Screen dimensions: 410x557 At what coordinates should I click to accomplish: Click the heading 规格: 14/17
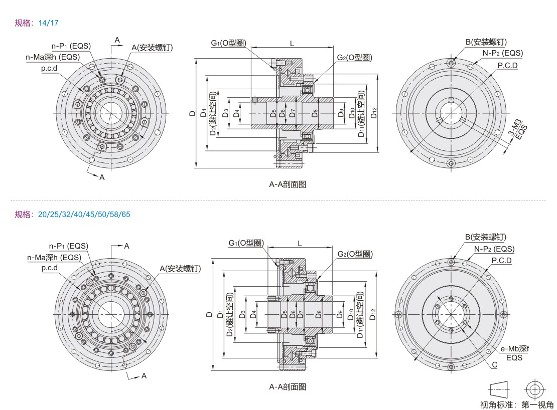38,23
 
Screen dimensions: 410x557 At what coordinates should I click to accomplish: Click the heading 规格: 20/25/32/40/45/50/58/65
72,215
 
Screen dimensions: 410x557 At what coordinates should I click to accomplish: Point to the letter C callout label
494,365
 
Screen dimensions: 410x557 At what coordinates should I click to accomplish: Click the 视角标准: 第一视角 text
517,404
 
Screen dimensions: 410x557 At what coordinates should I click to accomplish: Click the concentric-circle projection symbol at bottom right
533,389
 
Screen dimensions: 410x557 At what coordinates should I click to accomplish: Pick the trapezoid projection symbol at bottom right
498,389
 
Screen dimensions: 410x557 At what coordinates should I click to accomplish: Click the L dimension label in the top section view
292,43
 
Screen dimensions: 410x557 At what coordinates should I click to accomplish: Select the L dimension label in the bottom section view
300,243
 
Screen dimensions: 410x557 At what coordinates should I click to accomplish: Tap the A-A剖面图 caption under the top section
288,184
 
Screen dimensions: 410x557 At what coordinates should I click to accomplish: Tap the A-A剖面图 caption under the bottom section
288,386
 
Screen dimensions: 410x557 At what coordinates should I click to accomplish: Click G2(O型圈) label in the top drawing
354,58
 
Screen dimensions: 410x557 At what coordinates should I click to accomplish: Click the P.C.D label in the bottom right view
502,261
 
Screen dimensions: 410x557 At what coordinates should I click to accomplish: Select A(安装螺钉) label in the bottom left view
180,269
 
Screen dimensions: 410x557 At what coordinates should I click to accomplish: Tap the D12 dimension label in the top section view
374,113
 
